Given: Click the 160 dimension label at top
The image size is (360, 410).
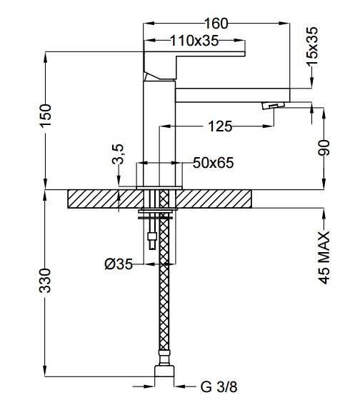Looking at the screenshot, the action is (216, 24).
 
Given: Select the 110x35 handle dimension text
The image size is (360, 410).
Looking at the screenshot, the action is (194, 41).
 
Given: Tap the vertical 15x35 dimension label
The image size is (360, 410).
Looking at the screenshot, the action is (312, 46).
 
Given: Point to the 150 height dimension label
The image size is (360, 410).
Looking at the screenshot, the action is (46, 116).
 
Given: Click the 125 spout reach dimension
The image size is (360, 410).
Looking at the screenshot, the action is (220, 126).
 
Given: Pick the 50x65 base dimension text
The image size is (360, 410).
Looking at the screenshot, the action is (213, 163).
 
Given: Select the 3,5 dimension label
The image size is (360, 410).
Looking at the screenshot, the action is (118, 154).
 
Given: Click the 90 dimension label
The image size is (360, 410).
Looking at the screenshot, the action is (324, 148).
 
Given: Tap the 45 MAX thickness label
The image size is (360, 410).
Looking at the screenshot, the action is (324, 258).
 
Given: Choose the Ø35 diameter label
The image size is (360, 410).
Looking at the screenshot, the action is (119, 264).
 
